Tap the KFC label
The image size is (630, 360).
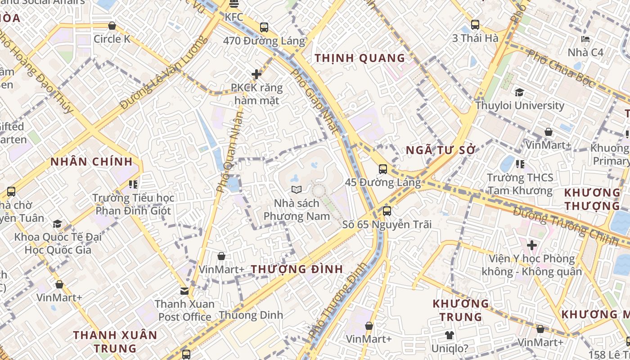[234, 17]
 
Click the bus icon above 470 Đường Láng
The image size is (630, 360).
[264, 27]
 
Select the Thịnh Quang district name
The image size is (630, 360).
[360, 58]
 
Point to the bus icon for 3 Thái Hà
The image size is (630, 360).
[475, 25]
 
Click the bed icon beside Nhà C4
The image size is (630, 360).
[585, 39]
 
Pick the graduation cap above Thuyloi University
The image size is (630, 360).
[520, 92]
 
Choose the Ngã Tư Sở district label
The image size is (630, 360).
[441, 150]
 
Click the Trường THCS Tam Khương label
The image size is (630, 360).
[520, 184]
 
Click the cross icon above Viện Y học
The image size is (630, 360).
[532, 245]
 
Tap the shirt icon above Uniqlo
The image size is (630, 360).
[450, 335]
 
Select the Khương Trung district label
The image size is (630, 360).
[461, 310]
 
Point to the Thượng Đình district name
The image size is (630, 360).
[297, 270]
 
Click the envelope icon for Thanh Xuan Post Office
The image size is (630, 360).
[184, 291]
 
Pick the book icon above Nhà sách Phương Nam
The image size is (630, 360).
[296, 190]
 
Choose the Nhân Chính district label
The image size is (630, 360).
[91, 162]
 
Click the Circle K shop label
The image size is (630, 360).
[112, 39]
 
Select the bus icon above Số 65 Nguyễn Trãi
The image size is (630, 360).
[387, 211]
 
